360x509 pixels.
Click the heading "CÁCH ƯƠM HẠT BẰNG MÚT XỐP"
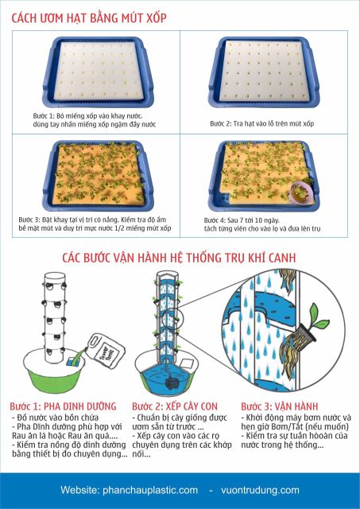89,17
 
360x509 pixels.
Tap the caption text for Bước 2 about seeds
261,123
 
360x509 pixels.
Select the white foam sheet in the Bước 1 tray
98,71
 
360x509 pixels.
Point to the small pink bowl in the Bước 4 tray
300,192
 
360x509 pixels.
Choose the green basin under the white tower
54,371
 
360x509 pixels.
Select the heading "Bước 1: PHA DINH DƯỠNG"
63,406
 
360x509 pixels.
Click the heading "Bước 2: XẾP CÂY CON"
175,406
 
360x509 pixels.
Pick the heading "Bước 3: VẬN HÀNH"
280,406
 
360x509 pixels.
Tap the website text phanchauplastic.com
150,490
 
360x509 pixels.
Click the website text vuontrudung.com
260,490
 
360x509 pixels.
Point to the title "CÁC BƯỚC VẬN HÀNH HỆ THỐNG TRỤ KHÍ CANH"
179,258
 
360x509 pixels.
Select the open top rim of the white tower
54,277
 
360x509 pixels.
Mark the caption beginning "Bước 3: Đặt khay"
95,224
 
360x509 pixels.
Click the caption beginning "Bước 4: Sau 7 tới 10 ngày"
262,224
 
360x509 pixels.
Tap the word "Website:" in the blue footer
79,490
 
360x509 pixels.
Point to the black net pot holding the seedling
303,333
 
